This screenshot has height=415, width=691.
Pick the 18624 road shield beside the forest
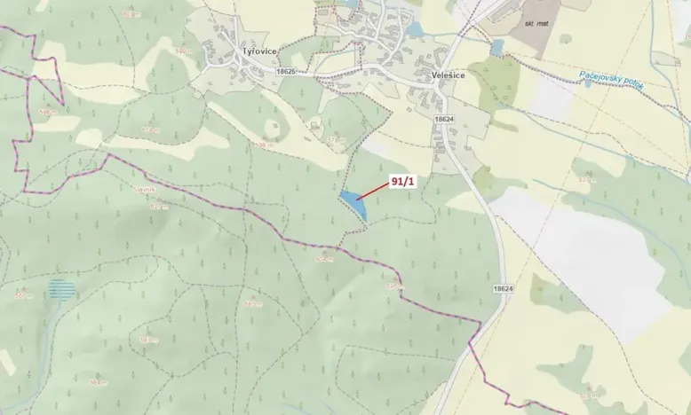point(502,289)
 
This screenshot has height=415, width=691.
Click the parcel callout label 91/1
point(402,181)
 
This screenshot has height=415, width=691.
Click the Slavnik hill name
point(144,189)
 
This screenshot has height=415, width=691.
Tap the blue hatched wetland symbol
point(61,289)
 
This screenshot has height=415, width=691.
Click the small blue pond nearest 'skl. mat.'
point(497,46)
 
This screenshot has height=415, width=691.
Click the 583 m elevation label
point(147,339)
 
